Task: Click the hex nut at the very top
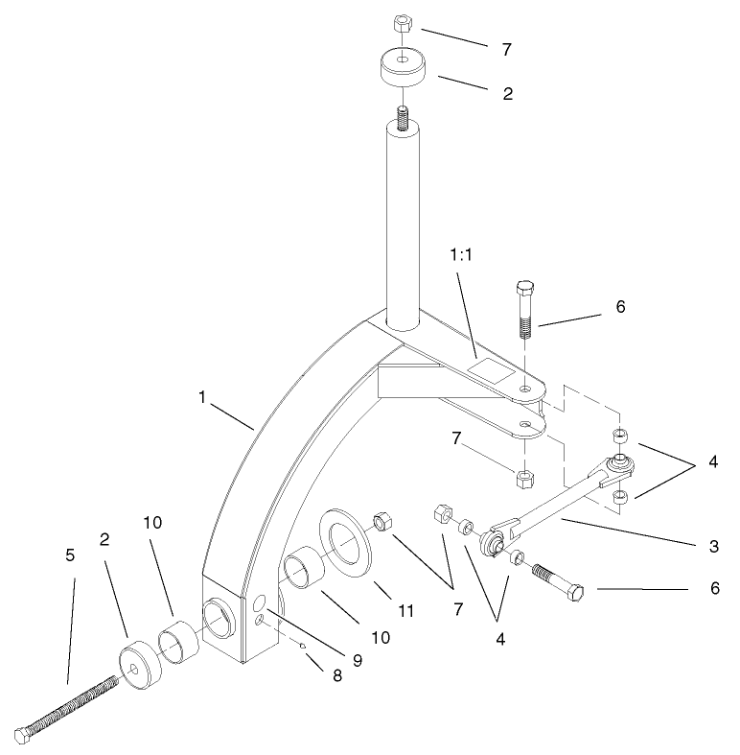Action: (403, 27)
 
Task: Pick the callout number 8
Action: (335, 676)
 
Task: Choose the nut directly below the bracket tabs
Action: (525, 477)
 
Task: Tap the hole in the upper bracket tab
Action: (525, 389)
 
